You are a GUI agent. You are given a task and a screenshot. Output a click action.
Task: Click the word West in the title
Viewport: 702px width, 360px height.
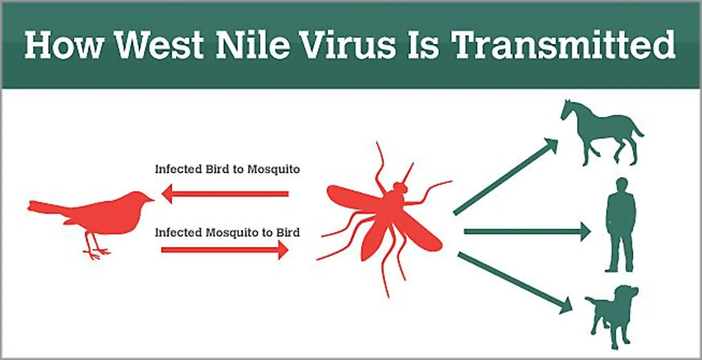(160, 45)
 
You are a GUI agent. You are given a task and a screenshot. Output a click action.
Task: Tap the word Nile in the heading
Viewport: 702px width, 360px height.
(253, 45)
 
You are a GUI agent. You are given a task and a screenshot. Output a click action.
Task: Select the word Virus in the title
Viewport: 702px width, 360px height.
(348, 45)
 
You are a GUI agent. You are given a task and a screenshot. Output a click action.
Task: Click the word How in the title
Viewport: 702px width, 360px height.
(64, 45)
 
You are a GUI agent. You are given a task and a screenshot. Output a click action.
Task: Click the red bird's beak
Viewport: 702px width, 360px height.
(150, 200)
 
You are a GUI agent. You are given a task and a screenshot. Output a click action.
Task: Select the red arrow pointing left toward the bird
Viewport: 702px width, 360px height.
(225, 194)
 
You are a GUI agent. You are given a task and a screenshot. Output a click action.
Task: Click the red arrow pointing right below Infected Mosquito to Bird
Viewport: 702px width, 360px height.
(225, 250)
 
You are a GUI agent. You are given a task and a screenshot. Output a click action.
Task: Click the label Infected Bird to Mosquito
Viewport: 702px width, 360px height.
(228, 169)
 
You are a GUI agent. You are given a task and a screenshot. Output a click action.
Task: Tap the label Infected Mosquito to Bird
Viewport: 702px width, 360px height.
(228, 233)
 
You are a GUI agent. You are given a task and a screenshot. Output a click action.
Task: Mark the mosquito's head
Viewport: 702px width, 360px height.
(400, 188)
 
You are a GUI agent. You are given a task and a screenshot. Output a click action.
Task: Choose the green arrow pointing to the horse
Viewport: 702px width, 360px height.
(506, 176)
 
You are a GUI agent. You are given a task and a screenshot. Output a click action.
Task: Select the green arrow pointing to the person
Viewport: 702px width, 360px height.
(528, 232)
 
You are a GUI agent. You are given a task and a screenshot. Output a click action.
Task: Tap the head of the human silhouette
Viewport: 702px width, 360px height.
(621, 185)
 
